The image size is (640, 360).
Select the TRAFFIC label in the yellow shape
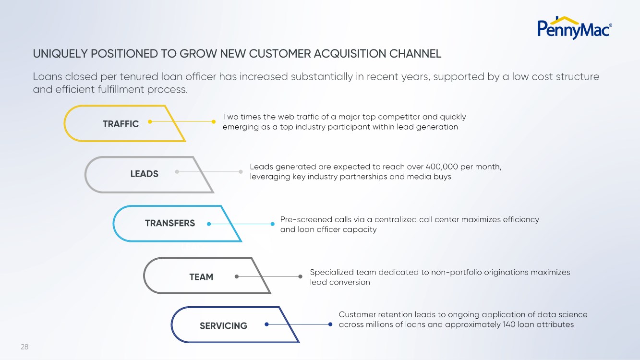point(121,124)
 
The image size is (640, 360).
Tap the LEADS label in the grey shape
point(144,174)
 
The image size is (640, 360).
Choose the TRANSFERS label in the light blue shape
point(170,223)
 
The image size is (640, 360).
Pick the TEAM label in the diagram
point(201,277)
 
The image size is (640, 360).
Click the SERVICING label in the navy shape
point(223,326)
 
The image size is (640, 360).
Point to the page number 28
point(24,347)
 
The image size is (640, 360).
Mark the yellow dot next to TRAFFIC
point(150,122)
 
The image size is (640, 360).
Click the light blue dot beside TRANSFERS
point(208,224)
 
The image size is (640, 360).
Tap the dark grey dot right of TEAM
point(237,276)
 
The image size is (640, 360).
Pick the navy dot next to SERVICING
point(266,324)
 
